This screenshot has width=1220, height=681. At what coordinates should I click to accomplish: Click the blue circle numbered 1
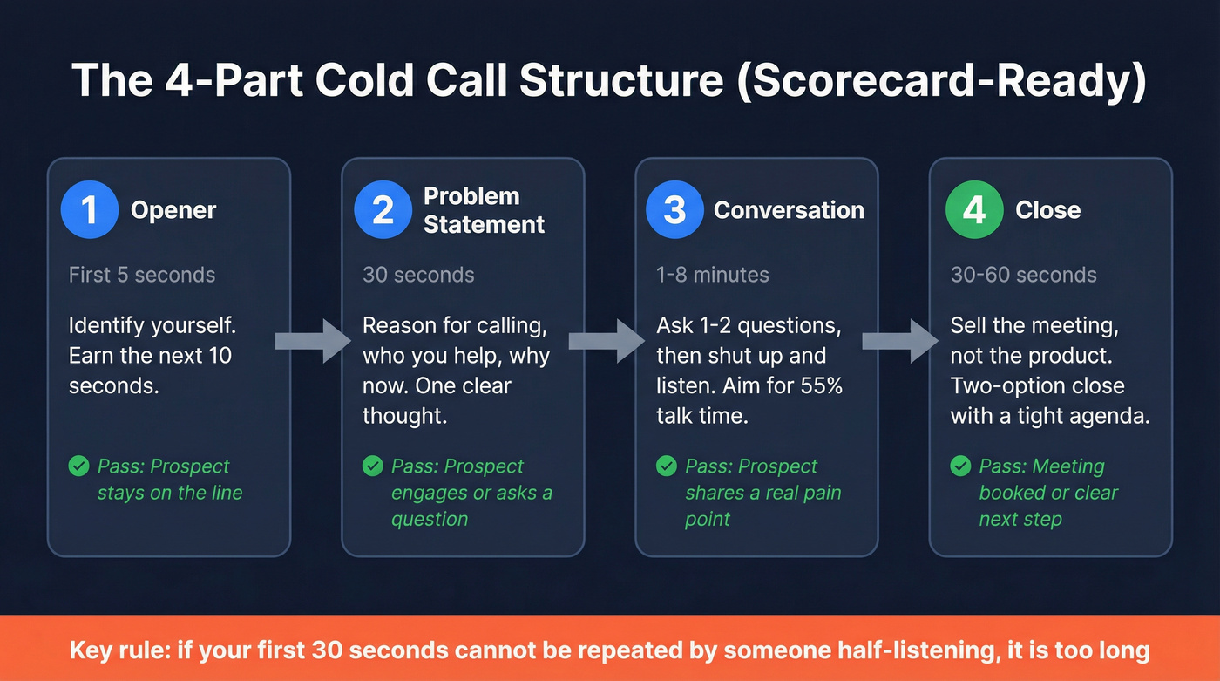89,210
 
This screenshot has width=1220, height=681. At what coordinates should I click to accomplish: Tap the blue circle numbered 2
383,210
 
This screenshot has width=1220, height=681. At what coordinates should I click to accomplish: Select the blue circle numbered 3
674,210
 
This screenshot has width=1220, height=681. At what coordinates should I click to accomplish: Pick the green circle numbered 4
974,210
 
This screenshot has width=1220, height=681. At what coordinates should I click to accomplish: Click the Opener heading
173,210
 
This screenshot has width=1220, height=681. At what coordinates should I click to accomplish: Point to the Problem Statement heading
484,210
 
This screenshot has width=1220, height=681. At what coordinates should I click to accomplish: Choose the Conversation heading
789,210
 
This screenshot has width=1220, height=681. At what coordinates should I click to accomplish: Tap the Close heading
1047,210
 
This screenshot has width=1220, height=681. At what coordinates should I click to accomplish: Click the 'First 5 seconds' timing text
142,275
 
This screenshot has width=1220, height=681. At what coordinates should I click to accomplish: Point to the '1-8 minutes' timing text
713,275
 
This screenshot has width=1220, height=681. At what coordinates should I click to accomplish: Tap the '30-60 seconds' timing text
1023,275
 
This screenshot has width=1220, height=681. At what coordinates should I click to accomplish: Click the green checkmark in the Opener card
79,466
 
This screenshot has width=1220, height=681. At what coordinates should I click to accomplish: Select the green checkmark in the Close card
960,466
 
